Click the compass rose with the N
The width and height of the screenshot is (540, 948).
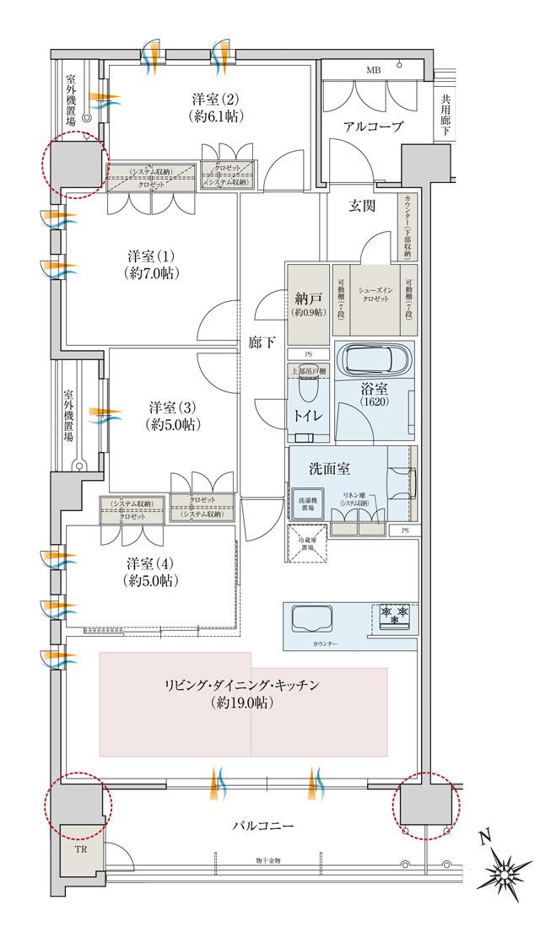pyautogui.click(x=506, y=869)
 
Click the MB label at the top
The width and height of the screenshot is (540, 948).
pyautogui.click(x=372, y=70)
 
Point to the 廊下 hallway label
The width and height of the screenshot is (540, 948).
pyautogui.click(x=262, y=343)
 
